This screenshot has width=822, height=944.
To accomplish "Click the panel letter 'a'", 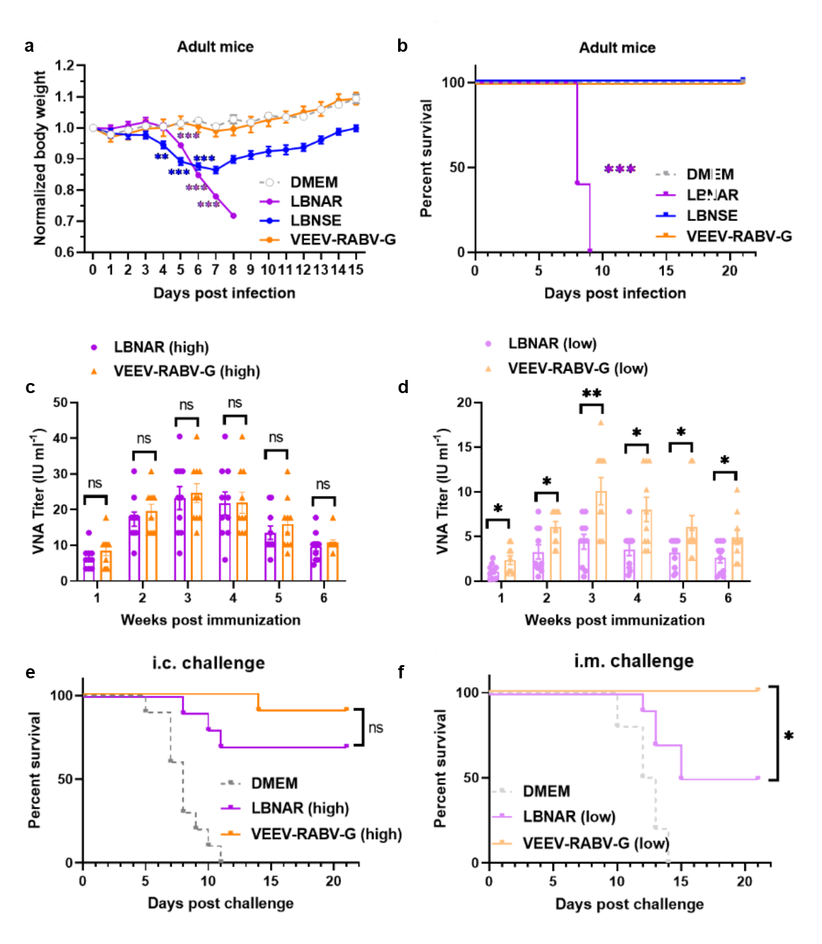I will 29,46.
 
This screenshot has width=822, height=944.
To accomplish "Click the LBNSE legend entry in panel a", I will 315,220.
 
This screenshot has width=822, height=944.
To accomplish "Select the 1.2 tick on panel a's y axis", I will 64,66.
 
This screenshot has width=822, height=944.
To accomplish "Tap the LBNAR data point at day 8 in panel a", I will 233,216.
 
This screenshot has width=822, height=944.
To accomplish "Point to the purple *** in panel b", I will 619,169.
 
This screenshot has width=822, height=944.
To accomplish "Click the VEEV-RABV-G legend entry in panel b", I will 739,236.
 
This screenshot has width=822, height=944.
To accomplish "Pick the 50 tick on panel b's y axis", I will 457,168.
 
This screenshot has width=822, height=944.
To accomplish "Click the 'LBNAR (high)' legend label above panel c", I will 161,347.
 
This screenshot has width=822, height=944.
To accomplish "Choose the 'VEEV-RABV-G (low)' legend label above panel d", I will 578,369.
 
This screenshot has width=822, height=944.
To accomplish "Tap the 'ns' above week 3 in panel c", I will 186,405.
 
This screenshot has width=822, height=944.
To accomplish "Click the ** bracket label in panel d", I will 591,394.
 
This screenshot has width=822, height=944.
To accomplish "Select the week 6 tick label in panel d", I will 728,598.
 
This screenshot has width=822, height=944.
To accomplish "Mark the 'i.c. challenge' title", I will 208,663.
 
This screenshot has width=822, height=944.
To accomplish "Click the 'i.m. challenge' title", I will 633,661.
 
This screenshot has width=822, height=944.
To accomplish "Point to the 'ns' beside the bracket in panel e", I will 375,728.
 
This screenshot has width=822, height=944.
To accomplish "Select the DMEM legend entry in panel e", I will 274,783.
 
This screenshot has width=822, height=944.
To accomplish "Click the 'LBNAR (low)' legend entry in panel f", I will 569,817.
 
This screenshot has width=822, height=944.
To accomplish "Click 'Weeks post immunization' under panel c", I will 211,620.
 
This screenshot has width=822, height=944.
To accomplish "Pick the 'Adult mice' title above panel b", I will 617,48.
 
